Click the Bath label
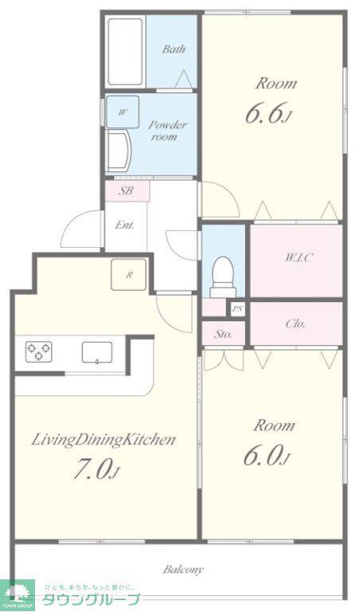click(x=174, y=49)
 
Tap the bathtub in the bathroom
click(x=125, y=51)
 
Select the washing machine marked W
click(x=122, y=112)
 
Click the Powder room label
click(x=168, y=131)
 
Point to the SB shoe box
click(x=127, y=191)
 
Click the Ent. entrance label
click(x=125, y=225)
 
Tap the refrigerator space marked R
click(x=129, y=275)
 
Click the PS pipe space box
click(x=237, y=309)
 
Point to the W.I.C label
click(x=299, y=257)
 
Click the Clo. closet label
click(x=295, y=324)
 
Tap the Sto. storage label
click(x=223, y=334)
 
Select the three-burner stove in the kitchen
click(x=38, y=351)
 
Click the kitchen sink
click(x=97, y=352)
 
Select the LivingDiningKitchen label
click(x=103, y=441)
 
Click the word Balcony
click(x=183, y=570)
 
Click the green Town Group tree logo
click(x=18, y=594)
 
